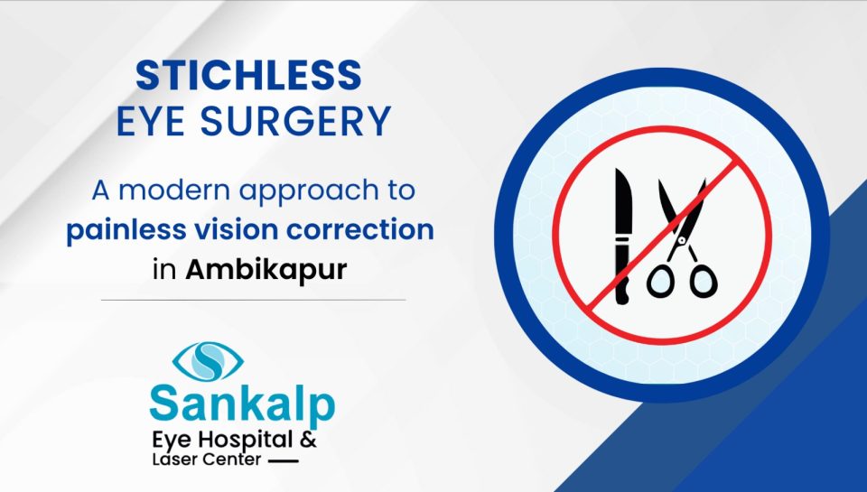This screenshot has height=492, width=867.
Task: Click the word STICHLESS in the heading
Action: (249, 76)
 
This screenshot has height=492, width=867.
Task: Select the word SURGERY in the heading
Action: (295, 121)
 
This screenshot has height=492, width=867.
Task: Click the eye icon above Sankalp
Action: (208, 361)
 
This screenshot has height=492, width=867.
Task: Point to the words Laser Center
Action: (206, 460)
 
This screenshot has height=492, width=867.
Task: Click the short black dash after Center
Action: (283, 460)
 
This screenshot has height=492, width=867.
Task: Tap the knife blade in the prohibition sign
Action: (623, 202)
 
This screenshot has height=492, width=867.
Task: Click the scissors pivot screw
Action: (682, 240)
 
